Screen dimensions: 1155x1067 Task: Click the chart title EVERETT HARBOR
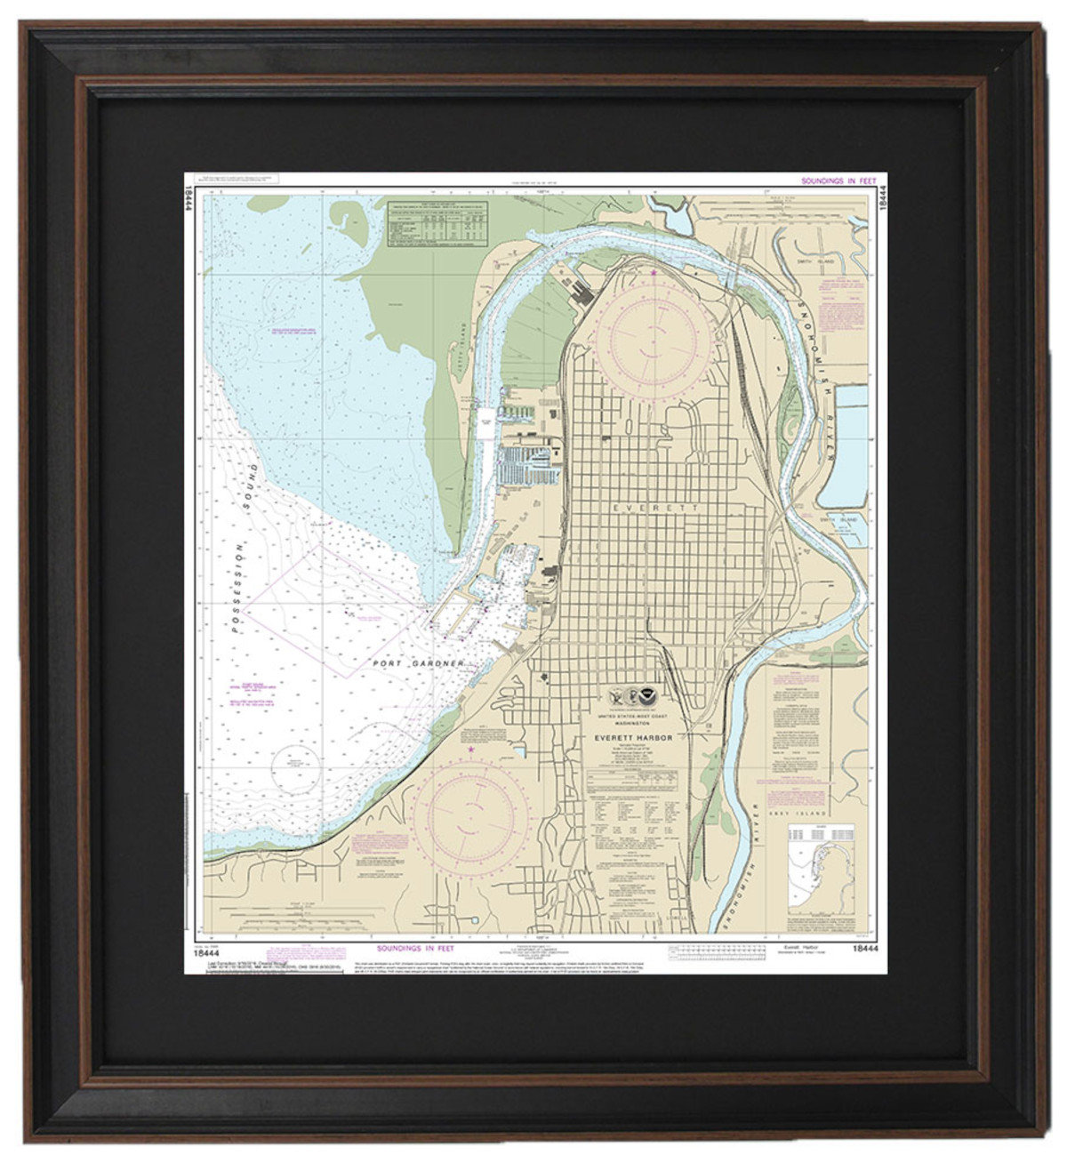click(x=633, y=737)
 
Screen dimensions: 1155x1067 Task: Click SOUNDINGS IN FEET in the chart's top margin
click(x=838, y=180)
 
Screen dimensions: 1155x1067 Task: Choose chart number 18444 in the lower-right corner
click(x=864, y=949)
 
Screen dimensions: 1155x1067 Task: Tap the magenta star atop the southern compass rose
click(x=470, y=752)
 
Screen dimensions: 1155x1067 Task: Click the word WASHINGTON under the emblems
click(x=634, y=723)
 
